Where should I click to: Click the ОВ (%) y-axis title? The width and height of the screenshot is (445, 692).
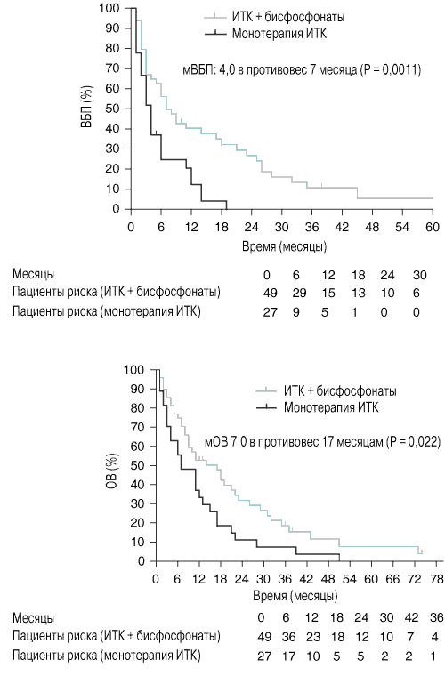click(x=112, y=464)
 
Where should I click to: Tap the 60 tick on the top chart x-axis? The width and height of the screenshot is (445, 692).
click(x=433, y=227)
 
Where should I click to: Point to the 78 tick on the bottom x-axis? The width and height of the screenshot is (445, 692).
click(x=436, y=578)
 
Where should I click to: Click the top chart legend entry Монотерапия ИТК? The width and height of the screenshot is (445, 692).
click(x=279, y=34)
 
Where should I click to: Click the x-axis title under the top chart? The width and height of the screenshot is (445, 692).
click(x=284, y=245)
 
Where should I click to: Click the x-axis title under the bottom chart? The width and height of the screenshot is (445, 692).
click(x=295, y=596)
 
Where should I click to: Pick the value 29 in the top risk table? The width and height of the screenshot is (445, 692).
click(x=299, y=293)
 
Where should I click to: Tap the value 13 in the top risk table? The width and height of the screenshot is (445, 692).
click(x=358, y=293)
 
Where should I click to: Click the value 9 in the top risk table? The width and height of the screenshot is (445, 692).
click(x=295, y=312)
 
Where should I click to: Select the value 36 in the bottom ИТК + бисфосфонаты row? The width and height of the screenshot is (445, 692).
click(x=288, y=637)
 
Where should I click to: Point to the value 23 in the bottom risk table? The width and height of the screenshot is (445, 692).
click(x=312, y=637)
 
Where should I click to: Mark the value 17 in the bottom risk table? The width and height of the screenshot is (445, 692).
click(x=288, y=656)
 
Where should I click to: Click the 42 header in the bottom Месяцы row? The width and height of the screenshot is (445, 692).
click(x=411, y=617)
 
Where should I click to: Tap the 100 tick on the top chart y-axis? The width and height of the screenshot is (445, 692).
click(x=109, y=8)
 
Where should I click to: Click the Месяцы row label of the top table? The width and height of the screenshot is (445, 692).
click(x=33, y=274)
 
